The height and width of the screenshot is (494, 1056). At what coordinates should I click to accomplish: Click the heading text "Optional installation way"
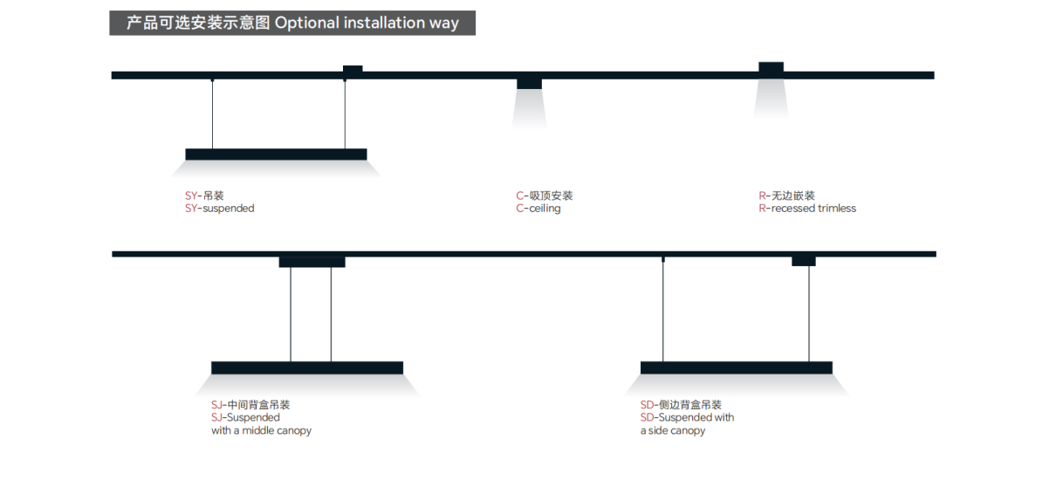pos(367,24)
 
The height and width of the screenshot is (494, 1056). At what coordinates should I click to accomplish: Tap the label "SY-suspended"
pos(220,209)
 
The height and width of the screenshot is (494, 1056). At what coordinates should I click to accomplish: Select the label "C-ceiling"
pos(538,209)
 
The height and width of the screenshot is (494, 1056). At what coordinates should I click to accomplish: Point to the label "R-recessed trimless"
pos(807,209)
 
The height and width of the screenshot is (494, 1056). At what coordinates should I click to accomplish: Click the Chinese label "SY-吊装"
pos(204,196)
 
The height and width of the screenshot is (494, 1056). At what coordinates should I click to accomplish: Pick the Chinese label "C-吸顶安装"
pos(545,196)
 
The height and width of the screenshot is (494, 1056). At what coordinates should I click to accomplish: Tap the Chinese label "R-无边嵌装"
pos(786,196)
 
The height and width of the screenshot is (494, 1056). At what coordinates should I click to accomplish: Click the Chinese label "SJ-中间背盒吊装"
pos(250,405)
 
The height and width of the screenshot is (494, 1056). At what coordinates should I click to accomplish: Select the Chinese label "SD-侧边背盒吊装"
pos(681,405)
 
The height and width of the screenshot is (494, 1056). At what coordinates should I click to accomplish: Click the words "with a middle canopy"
pos(261,430)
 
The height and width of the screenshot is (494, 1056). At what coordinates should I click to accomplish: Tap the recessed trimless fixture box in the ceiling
pos(771,67)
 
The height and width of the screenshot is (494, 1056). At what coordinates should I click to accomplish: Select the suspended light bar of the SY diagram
pos(276,154)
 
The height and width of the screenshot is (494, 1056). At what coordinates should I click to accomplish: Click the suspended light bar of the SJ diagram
pos(307,367)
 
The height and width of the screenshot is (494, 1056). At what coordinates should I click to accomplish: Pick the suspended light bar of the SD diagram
pos(736,367)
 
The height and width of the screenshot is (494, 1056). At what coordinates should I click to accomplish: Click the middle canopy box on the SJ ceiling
pos(312,262)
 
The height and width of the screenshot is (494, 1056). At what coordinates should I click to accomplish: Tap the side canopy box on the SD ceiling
pos(803,261)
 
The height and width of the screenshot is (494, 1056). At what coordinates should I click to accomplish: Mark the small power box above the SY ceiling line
pos(353,69)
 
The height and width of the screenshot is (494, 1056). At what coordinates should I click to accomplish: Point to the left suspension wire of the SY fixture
pos(212,113)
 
